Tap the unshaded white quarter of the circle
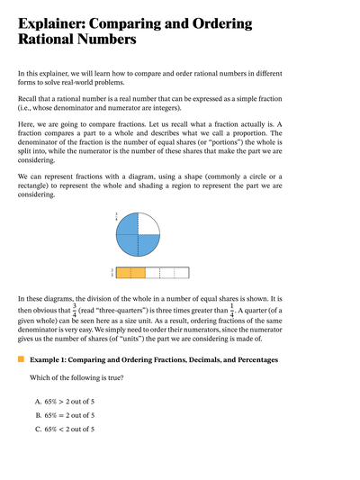tap(148, 225)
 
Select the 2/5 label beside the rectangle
tap(112, 271)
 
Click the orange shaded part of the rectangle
tap(131, 271)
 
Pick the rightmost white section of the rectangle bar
tap(181, 271)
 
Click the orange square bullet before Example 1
tap(21, 359)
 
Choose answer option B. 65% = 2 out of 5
tap(65, 415)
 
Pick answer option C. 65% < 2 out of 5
tap(65, 430)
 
